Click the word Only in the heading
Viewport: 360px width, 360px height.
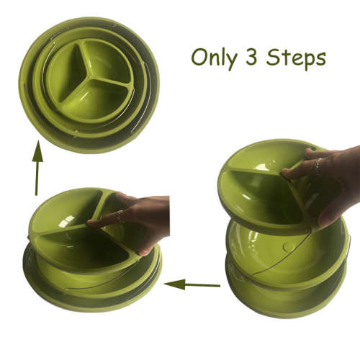(x=215, y=58)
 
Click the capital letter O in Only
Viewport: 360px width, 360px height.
(x=199, y=57)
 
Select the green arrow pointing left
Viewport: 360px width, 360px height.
(x=191, y=285)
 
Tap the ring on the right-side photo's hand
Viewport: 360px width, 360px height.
(x=317, y=166)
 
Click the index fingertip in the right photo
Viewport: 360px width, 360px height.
(x=287, y=174)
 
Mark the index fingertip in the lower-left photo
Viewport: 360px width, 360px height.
(x=91, y=223)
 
